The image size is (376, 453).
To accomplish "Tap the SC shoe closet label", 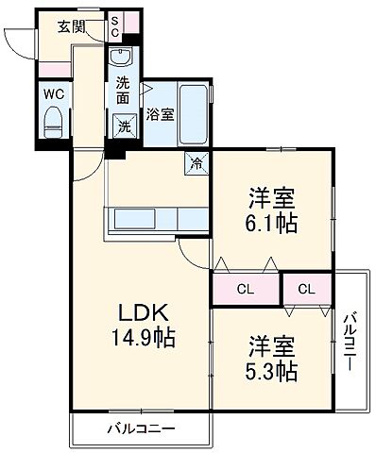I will click(114, 26).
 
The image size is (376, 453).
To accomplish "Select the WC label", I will click(53, 93).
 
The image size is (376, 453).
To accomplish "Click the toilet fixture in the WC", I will click(54, 120).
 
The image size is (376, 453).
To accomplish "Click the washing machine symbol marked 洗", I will click(125, 126).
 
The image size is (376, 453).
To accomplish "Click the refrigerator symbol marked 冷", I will click(197, 161).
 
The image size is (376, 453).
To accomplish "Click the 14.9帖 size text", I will click(143, 337).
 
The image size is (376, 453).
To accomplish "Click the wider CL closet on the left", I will click(245, 289).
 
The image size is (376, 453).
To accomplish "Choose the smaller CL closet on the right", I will click(307, 289).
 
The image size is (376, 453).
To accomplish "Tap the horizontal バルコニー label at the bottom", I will click(139, 429).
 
